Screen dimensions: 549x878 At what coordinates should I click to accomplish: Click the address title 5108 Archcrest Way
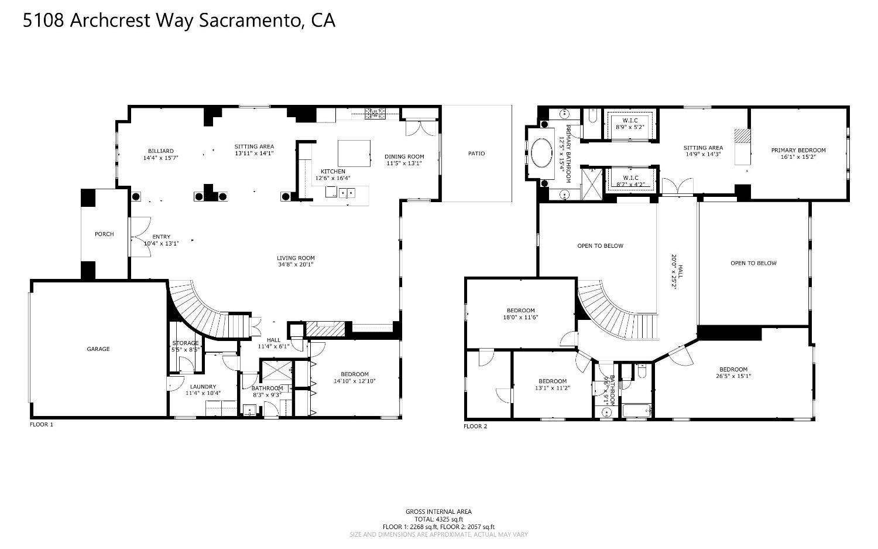[x=179, y=21]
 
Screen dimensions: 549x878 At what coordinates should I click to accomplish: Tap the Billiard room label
[x=160, y=151]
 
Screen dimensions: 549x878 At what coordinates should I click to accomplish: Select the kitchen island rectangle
[x=354, y=153]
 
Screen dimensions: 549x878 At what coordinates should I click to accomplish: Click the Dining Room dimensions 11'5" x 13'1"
[x=404, y=163]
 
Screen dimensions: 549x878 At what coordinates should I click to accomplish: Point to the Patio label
[x=476, y=154]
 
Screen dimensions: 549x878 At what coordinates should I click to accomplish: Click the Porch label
[x=104, y=234]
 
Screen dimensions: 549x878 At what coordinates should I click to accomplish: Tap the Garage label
[x=98, y=349]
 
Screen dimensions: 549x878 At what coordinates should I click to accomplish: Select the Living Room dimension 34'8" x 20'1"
[x=296, y=264]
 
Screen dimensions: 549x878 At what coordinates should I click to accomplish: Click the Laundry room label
[x=203, y=387]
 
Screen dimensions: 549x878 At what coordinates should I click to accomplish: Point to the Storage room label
[x=186, y=343]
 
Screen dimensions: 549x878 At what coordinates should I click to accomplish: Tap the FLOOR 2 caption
[x=475, y=426]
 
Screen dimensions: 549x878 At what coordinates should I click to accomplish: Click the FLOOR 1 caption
[x=41, y=424]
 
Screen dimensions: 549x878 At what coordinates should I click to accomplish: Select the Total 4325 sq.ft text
[x=438, y=519]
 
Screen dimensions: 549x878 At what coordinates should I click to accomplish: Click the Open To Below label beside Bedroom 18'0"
[x=600, y=245]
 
